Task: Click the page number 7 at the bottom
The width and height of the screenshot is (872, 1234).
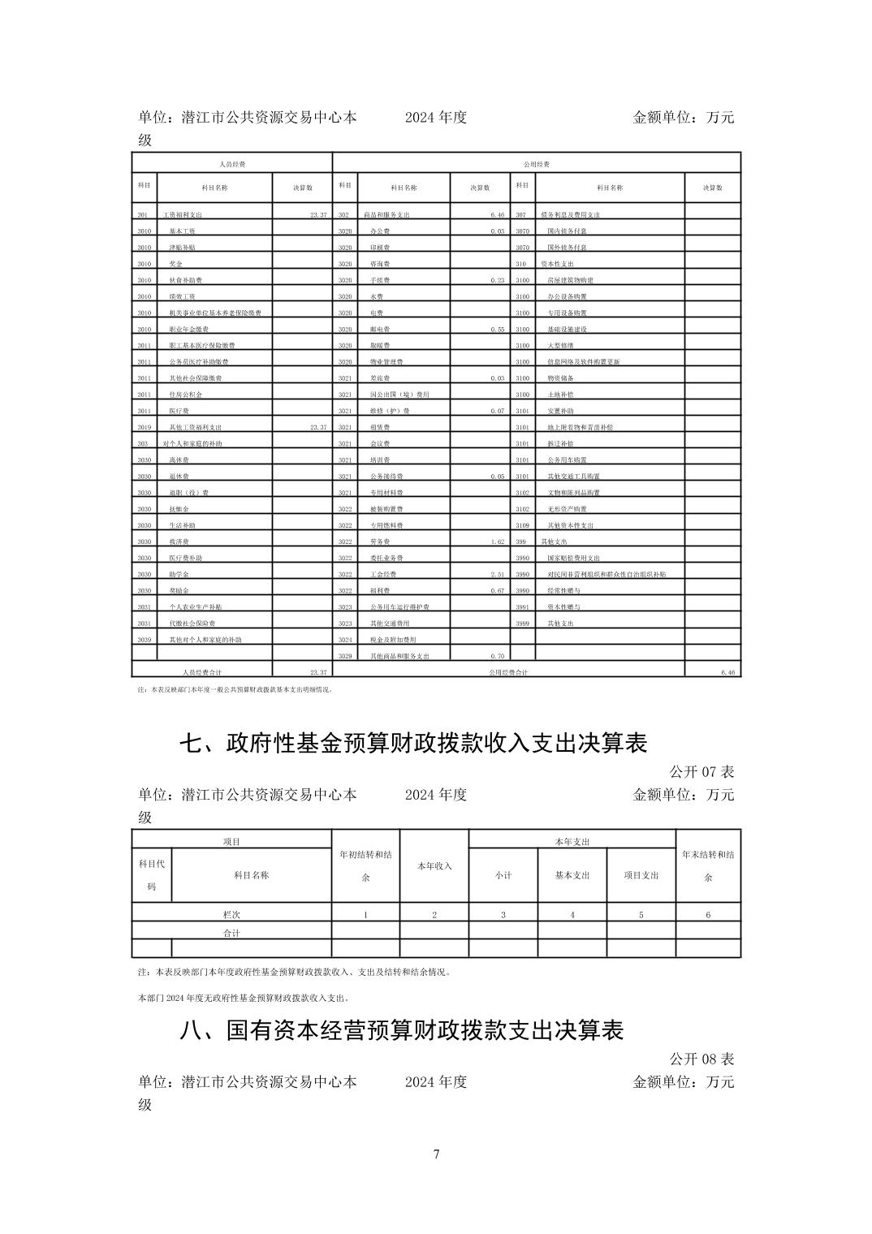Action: click(x=436, y=1154)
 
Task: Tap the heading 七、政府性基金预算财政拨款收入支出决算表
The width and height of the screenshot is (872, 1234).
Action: click(x=413, y=743)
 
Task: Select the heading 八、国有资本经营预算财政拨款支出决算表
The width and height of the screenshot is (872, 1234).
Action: click(x=402, y=1030)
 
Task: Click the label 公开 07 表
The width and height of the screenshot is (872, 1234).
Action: click(x=701, y=770)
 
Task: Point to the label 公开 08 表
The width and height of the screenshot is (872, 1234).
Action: click(x=701, y=1059)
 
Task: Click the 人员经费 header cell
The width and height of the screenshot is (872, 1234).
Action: click(x=232, y=164)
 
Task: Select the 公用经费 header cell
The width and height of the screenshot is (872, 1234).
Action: click(x=537, y=164)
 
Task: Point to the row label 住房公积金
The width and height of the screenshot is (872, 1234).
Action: click(x=186, y=395)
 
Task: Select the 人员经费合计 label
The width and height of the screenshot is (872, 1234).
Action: click(x=202, y=672)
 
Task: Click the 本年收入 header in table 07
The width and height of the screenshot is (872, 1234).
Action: click(x=434, y=866)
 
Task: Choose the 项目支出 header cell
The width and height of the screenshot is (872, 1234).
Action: click(x=641, y=875)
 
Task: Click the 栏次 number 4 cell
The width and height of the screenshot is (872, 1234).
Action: click(x=572, y=915)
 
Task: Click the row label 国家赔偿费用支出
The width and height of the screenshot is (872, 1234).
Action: click(x=573, y=558)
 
